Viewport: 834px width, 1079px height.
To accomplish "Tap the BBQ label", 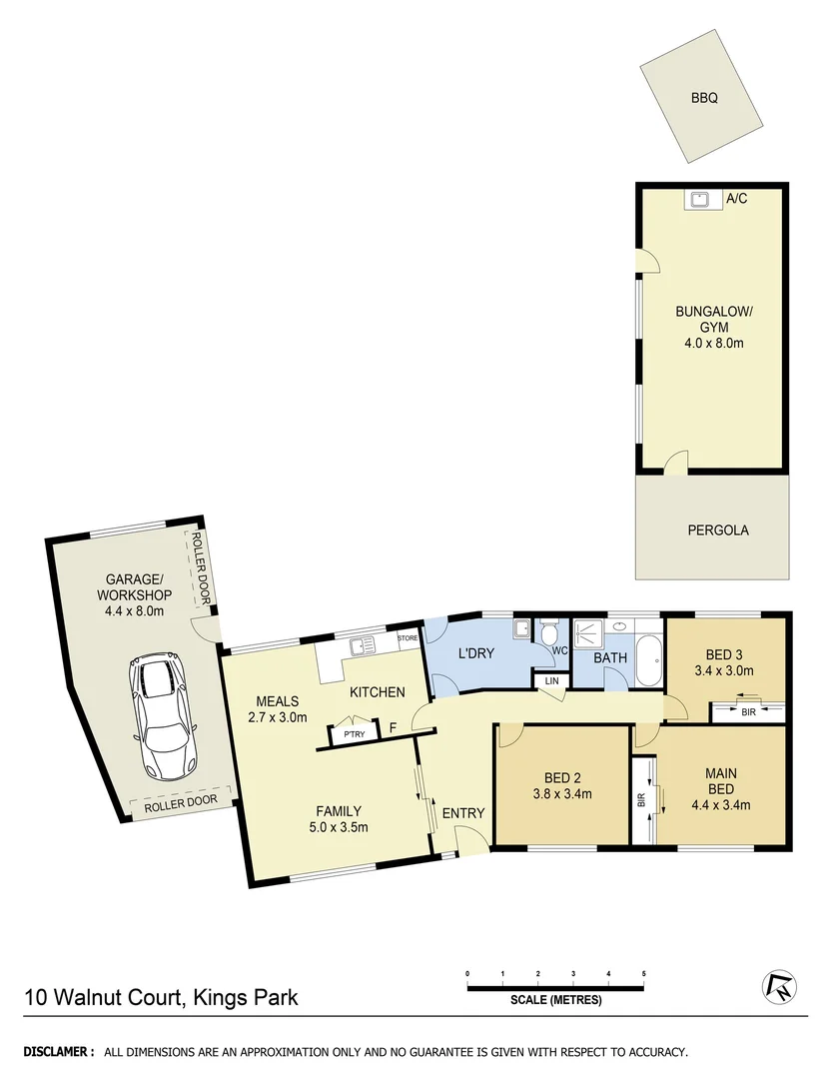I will tap(703, 99).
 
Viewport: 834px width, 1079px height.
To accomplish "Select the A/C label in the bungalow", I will tap(736, 199).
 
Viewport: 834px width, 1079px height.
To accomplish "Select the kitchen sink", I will tap(360, 644).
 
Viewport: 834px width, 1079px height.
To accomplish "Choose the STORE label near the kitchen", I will tap(408, 637).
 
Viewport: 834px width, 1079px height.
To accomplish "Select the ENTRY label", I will tap(462, 813).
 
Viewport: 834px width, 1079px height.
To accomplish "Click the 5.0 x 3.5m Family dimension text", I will tap(339, 826).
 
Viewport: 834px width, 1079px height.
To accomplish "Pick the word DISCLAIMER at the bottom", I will tap(58, 1052).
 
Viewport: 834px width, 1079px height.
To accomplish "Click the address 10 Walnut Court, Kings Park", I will tap(161, 996).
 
